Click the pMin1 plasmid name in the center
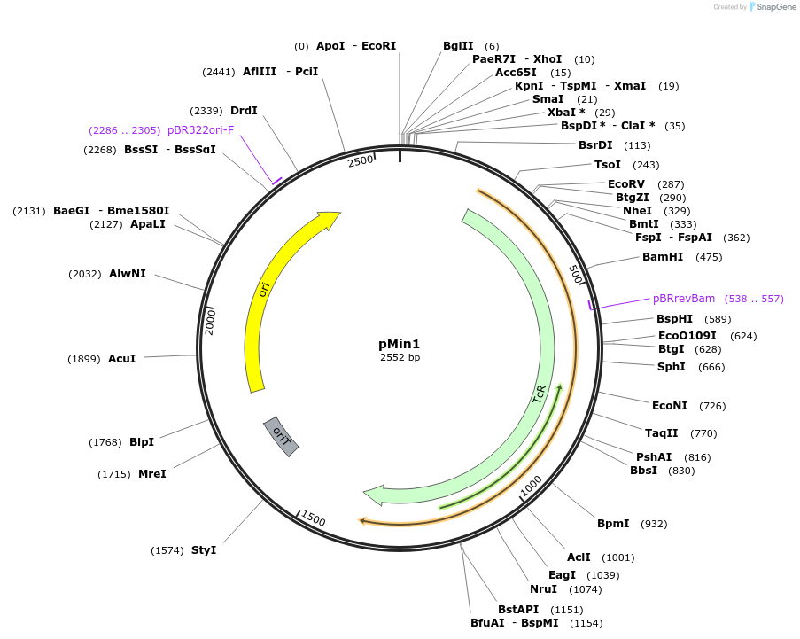coord(400,344)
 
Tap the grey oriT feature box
coord(281,435)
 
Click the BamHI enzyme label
coord(663,257)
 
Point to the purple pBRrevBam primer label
coord(684,299)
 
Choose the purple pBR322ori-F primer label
coord(200,130)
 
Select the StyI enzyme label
coord(204,550)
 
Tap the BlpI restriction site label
coord(142,442)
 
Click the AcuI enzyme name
coord(122,359)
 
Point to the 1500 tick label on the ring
coord(314,518)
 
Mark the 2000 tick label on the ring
coord(211,321)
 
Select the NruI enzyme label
coord(543,589)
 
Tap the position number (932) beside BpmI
coord(654,524)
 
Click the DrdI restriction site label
coord(244,111)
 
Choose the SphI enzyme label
coord(671,367)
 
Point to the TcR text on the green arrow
coord(539,394)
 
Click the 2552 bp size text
coord(400,357)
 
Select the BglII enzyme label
coord(458,46)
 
